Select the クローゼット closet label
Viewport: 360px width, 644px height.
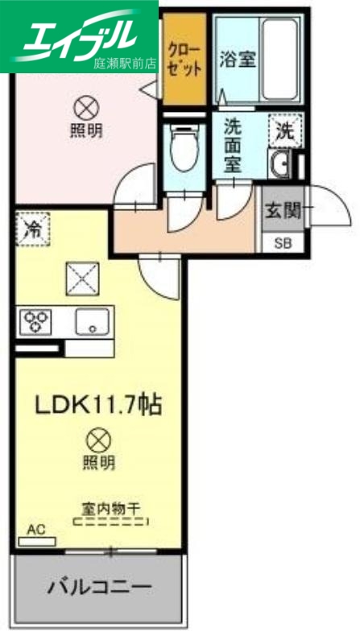(184, 56)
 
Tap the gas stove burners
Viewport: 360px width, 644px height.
(35, 322)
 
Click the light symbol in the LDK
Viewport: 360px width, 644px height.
(98, 440)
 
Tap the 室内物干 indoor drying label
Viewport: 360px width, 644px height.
(111, 508)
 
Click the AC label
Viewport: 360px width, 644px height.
(35, 529)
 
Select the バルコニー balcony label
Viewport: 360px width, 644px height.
(97, 585)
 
